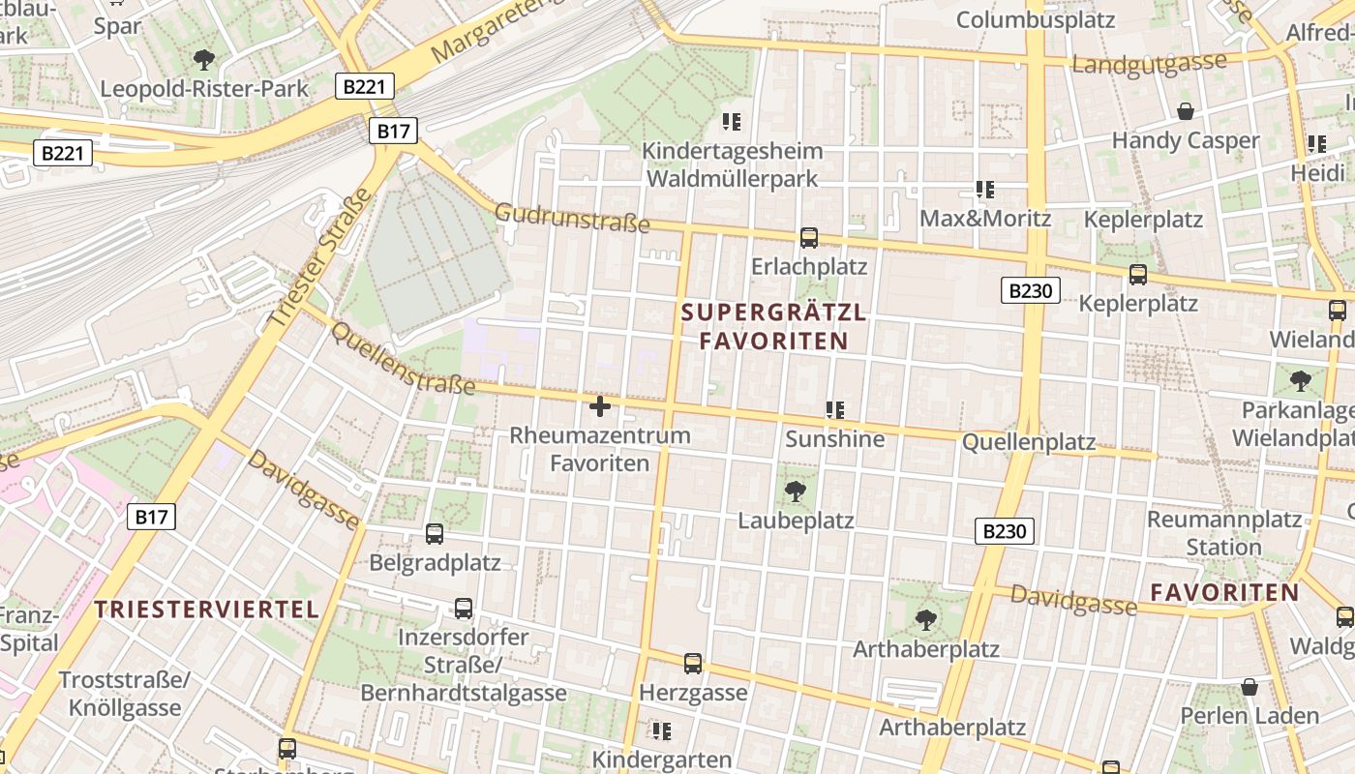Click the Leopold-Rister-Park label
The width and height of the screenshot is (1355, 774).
(x=204, y=89)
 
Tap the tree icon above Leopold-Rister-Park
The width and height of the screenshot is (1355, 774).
(x=204, y=60)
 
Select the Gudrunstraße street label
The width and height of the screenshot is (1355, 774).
(x=572, y=218)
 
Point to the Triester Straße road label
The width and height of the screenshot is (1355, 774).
(x=319, y=257)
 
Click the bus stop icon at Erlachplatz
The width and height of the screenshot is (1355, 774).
(x=809, y=237)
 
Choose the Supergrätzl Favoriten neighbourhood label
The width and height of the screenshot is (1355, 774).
(x=773, y=326)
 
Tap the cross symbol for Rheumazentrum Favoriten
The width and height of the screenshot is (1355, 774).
(x=600, y=406)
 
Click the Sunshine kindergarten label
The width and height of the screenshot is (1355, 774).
(x=834, y=439)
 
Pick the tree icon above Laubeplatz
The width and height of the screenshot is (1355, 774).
(x=796, y=491)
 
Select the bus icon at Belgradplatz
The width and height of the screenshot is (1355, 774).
(x=435, y=533)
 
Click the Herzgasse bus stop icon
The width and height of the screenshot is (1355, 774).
(x=693, y=664)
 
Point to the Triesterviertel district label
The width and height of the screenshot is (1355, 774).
(x=207, y=610)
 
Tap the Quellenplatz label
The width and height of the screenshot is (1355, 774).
(x=1029, y=443)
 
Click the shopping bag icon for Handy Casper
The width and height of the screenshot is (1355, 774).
(x=1186, y=111)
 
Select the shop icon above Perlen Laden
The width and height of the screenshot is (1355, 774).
(x=1250, y=687)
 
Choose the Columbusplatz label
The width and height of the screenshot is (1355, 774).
(x=1036, y=19)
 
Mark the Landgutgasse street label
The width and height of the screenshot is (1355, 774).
(x=1150, y=65)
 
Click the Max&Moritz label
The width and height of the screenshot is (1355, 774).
(x=985, y=219)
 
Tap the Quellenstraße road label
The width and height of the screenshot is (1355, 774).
(x=404, y=359)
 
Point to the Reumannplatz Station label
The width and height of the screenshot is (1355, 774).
(x=1223, y=533)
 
